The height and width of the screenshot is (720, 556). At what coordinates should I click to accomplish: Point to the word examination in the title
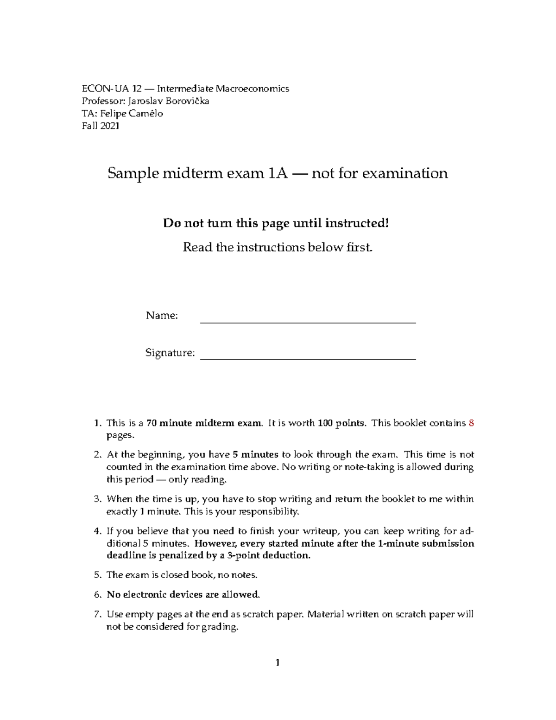pos(404,173)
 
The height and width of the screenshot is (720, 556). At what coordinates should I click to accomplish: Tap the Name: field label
pos(162,316)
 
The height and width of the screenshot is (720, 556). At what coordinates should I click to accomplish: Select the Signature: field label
pos(170,353)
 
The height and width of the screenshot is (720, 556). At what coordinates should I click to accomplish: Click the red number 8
pos(471,423)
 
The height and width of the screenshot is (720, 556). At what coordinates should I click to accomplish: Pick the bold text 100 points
pos(344,423)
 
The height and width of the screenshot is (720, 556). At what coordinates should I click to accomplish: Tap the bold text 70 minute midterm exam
pos(204,423)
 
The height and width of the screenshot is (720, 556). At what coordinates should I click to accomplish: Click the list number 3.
pos(97,499)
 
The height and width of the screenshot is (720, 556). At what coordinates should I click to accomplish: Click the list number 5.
pos(97,575)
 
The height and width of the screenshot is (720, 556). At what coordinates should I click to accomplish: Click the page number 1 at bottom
pos(278,663)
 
